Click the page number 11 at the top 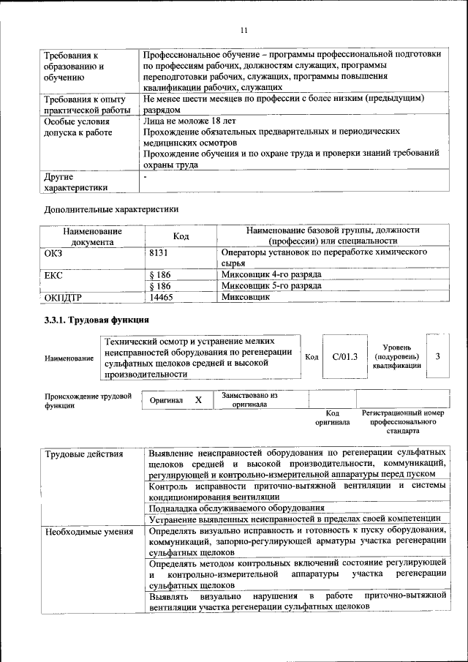[x=244, y=29]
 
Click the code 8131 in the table [x=160, y=251]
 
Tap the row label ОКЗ [x=55, y=251]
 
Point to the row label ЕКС [x=55, y=274]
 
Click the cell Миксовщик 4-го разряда [x=271, y=274]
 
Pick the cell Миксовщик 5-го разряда [x=271, y=286]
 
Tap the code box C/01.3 [x=344, y=356]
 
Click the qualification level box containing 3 [x=437, y=356]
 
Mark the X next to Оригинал [x=197, y=400]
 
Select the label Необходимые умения [x=88, y=531]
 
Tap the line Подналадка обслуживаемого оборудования [x=236, y=507]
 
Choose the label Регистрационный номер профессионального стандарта [x=403, y=422]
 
